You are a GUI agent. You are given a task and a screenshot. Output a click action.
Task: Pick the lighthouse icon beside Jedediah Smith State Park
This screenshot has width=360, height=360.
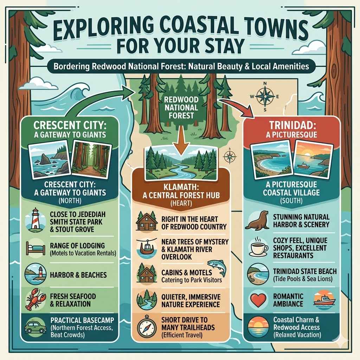tap(35, 221)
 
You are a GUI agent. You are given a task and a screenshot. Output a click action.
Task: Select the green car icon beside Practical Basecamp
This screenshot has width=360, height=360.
tap(34, 327)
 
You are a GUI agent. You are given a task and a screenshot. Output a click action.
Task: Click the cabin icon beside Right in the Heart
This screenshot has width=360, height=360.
tap(145, 221)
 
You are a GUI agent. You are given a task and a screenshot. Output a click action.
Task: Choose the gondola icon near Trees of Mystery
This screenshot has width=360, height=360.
tap(145, 247)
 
